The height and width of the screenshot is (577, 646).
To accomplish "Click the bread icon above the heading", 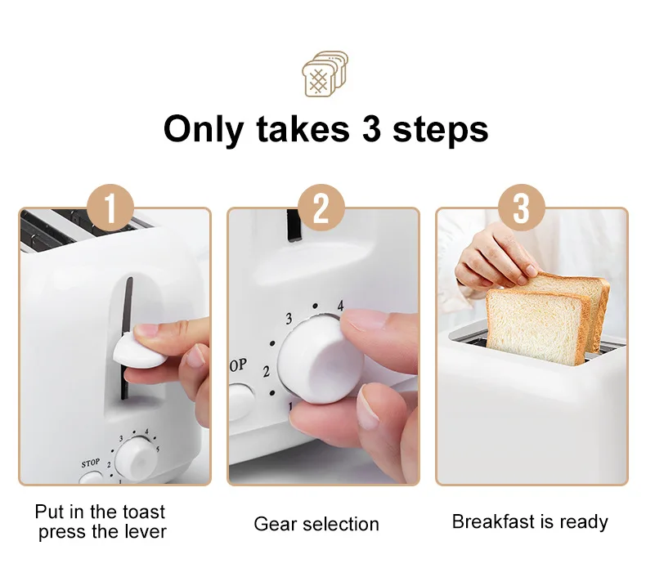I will pyautogui.click(x=325, y=74).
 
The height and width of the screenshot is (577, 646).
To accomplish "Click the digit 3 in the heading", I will pyautogui.click(x=372, y=129).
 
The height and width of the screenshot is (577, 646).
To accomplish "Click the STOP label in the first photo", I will pyautogui.click(x=91, y=463).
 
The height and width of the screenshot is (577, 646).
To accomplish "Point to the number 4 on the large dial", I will pyautogui.click(x=341, y=306).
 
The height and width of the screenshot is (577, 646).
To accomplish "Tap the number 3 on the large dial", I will pyautogui.click(x=288, y=319).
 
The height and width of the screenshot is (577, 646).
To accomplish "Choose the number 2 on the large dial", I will pyautogui.click(x=266, y=372).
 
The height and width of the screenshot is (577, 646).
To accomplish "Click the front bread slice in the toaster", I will pyautogui.click(x=536, y=327).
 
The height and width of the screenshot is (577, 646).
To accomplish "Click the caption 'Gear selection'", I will pyautogui.click(x=316, y=524).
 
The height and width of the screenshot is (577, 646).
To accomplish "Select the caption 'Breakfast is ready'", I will pyautogui.click(x=530, y=521).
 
